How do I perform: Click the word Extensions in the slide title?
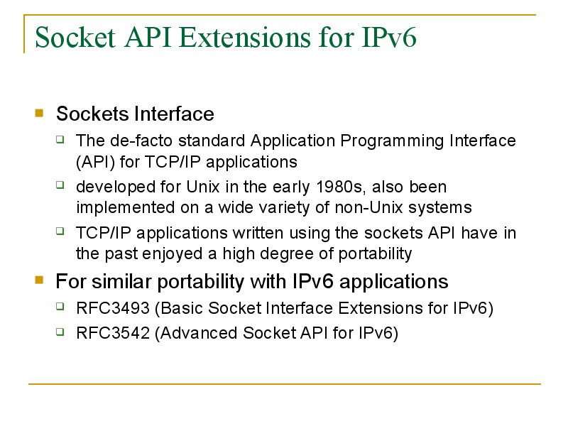244,37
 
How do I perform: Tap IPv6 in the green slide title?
389,37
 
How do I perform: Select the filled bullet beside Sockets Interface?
39,113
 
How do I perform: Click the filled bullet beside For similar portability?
39,280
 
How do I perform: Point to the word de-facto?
141,141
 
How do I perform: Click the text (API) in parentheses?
96,163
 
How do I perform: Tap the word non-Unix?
368,207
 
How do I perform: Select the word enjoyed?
172,254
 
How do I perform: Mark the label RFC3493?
113,308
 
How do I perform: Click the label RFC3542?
113,333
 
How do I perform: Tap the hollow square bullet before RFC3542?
60,332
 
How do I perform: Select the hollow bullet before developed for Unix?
60,185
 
